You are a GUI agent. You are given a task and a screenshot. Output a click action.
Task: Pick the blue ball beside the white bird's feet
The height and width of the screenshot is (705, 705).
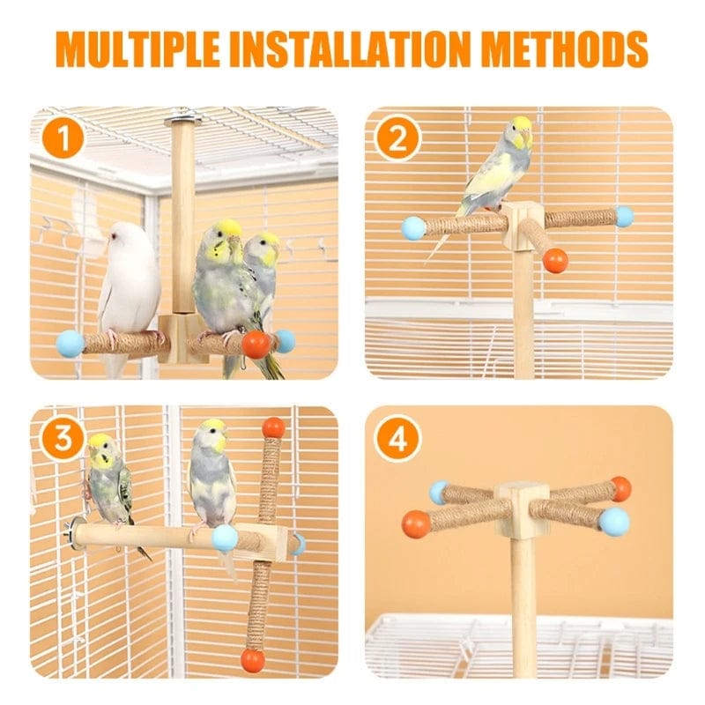coord(70,343)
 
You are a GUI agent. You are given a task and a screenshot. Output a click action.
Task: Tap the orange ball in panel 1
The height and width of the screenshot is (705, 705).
coord(256,344)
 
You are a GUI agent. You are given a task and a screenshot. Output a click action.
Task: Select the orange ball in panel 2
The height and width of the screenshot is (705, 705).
coord(555,260)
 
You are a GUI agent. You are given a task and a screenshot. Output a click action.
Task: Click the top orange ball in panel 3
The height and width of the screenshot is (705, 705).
coord(273,427)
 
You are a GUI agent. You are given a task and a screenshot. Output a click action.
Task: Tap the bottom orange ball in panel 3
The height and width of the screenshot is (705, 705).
coord(254,659)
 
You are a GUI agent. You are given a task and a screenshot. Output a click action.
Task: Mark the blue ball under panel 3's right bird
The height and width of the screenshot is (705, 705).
coord(225,538)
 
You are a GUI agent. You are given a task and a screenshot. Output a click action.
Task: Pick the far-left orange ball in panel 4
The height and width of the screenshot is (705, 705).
coord(416,524)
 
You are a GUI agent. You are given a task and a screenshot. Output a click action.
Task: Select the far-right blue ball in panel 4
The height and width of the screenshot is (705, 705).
coord(614,521)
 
